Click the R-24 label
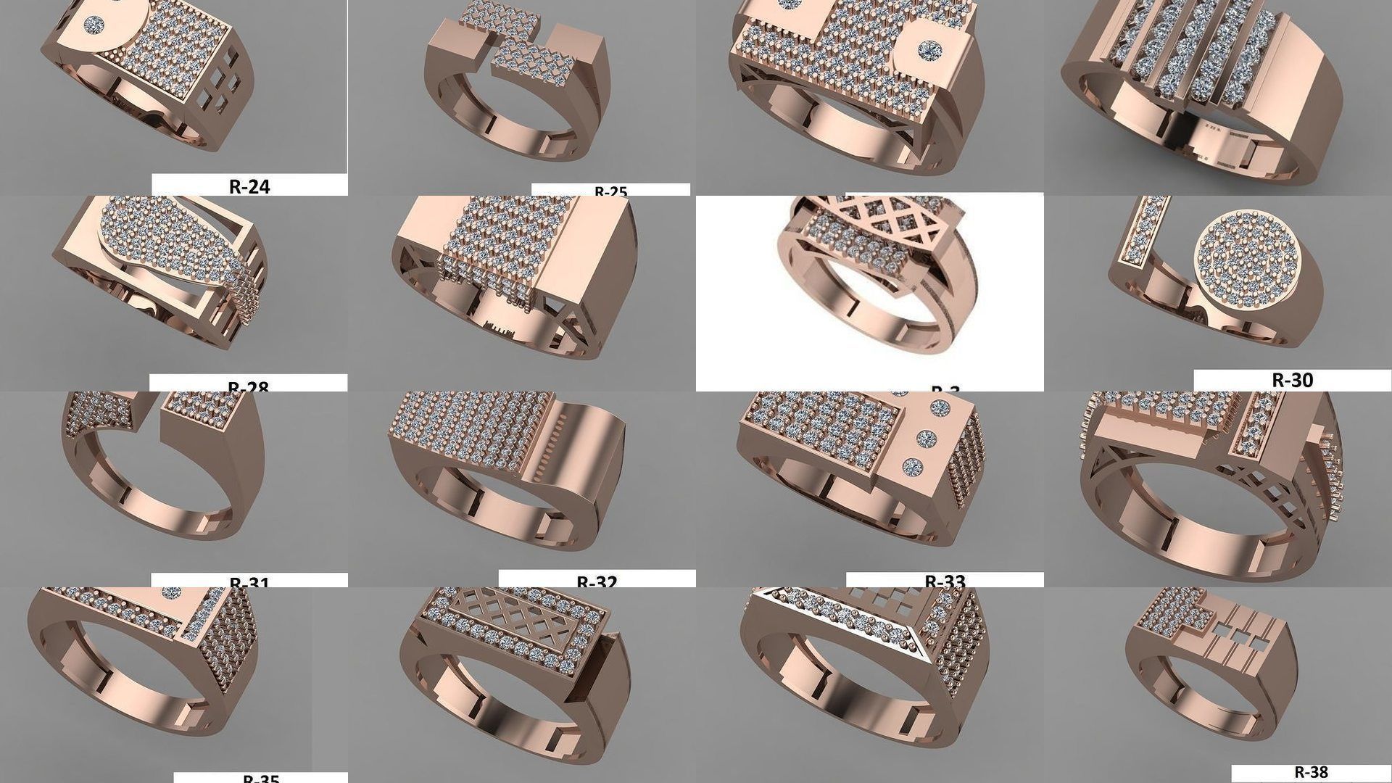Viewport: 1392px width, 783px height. [249, 186]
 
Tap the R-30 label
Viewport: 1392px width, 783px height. [1292, 380]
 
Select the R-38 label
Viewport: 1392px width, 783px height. [1311, 772]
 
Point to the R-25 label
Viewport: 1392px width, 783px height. [610, 191]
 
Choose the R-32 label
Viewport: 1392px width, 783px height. [597, 581]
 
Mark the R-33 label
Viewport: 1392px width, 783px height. [945, 581]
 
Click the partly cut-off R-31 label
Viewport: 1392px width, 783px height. [249, 582]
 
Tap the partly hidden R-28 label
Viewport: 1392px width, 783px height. [248, 386]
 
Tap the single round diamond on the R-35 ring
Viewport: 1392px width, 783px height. [172, 592]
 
